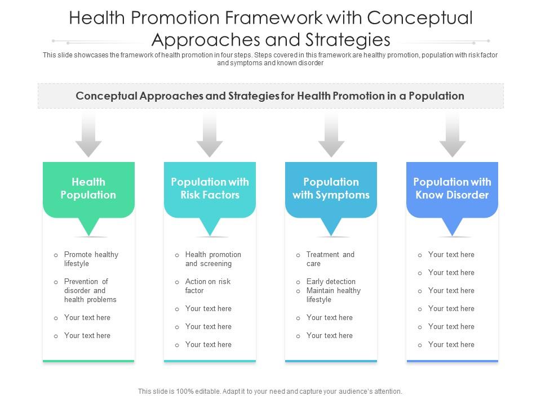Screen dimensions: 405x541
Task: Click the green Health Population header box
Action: pos(88,189)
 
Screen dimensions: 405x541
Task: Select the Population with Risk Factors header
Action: pos(210,189)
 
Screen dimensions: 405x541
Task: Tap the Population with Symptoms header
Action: pos(331,189)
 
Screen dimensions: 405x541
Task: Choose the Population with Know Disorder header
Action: pos(452,189)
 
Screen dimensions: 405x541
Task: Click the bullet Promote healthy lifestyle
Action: pos(91,259)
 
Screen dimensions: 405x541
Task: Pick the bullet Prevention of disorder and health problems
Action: pos(90,291)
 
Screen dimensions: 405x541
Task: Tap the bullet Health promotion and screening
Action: pos(212,259)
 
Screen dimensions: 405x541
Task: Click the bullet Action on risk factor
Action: pos(207,286)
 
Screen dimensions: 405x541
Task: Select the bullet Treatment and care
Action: pos(330,259)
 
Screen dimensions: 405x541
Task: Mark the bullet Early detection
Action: pos(331,282)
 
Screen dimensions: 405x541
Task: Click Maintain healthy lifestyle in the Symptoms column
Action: pos(333,295)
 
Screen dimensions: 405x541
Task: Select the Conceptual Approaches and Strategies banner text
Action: pos(270,96)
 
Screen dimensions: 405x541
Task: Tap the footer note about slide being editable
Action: pos(270,391)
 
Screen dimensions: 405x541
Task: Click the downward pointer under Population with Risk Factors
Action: pos(210,227)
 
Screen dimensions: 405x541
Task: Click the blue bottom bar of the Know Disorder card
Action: pos(452,361)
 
